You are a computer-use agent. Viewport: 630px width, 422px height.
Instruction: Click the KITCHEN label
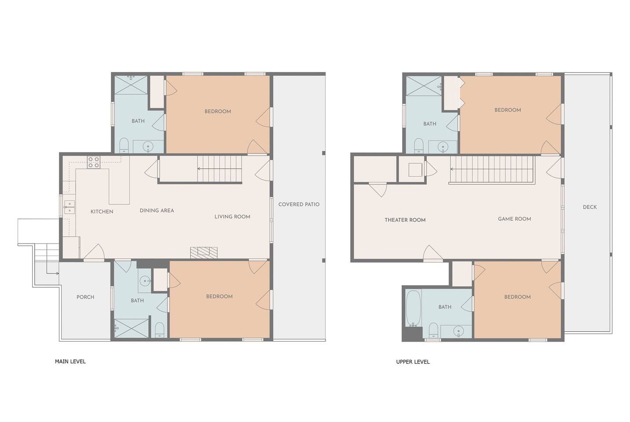[102, 211]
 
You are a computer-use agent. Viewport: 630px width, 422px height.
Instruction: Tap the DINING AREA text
[157, 211]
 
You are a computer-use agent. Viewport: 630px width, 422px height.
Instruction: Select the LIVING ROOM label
[232, 217]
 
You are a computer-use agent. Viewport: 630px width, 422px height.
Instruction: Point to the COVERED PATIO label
[299, 204]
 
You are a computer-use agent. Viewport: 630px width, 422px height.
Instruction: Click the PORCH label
[85, 297]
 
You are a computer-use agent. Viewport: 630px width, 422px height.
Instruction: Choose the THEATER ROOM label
[405, 220]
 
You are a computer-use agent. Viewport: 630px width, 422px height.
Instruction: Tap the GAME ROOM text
[514, 219]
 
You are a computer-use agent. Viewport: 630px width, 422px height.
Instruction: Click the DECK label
[590, 207]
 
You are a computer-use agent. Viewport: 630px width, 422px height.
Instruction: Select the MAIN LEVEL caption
[70, 362]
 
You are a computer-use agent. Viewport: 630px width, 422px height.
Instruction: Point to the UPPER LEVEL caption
[413, 362]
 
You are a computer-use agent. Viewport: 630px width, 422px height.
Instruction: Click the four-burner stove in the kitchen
[94, 162]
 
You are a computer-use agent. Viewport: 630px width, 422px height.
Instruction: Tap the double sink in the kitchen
[70, 207]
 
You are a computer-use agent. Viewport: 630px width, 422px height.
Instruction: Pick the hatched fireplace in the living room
[204, 253]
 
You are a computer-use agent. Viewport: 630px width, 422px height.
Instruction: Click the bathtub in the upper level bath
[414, 309]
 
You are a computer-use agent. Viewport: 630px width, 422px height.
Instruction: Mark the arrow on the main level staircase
[220, 169]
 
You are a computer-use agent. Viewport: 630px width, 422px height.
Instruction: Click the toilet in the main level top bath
[124, 146]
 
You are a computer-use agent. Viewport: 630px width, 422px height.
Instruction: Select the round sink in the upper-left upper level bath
[443, 147]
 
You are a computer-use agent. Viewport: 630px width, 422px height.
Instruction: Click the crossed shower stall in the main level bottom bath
[132, 328]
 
